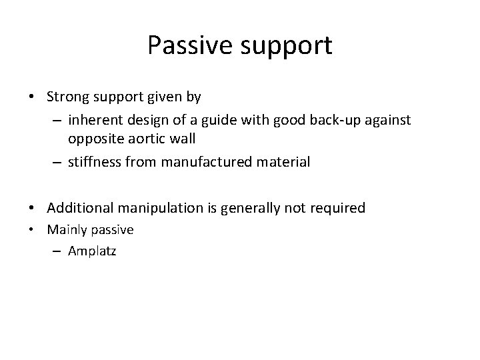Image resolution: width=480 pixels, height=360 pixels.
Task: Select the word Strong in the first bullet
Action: point(65,97)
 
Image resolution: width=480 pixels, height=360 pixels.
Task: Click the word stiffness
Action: point(93,162)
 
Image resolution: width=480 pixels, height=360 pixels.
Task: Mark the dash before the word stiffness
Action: point(55,163)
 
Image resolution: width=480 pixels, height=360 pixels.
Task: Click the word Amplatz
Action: point(91,252)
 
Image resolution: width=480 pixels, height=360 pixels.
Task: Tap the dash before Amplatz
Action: point(55,252)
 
